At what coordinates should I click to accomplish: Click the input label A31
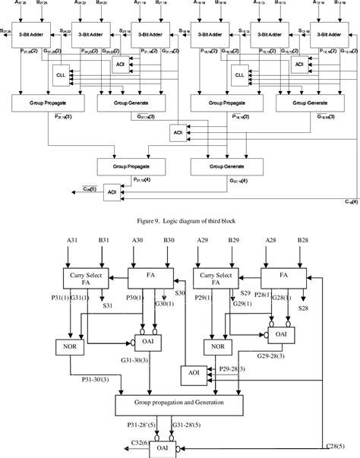point(71,243)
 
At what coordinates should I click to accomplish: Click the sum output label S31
point(107,305)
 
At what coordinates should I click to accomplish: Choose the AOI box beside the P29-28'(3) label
point(191,374)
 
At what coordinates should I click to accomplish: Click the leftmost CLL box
point(62,76)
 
